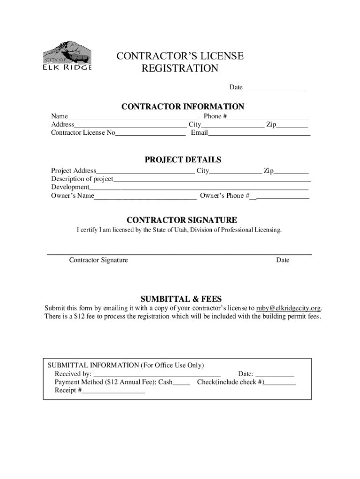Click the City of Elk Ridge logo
[67, 56]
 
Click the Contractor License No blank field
[150, 134]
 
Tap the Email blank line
[259, 134]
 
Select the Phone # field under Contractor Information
[267, 117]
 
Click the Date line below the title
[274, 88]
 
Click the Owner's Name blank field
[145, 196]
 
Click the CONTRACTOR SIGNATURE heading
[182, 220]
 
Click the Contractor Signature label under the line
[98, 260]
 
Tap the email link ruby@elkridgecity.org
[288, 308]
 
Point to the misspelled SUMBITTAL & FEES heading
[181, 299]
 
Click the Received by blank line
[157, 375]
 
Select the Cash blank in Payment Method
[181, 383]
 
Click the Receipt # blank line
[114, 392]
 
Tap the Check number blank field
[280, 383]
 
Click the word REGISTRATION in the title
[180, 69]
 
